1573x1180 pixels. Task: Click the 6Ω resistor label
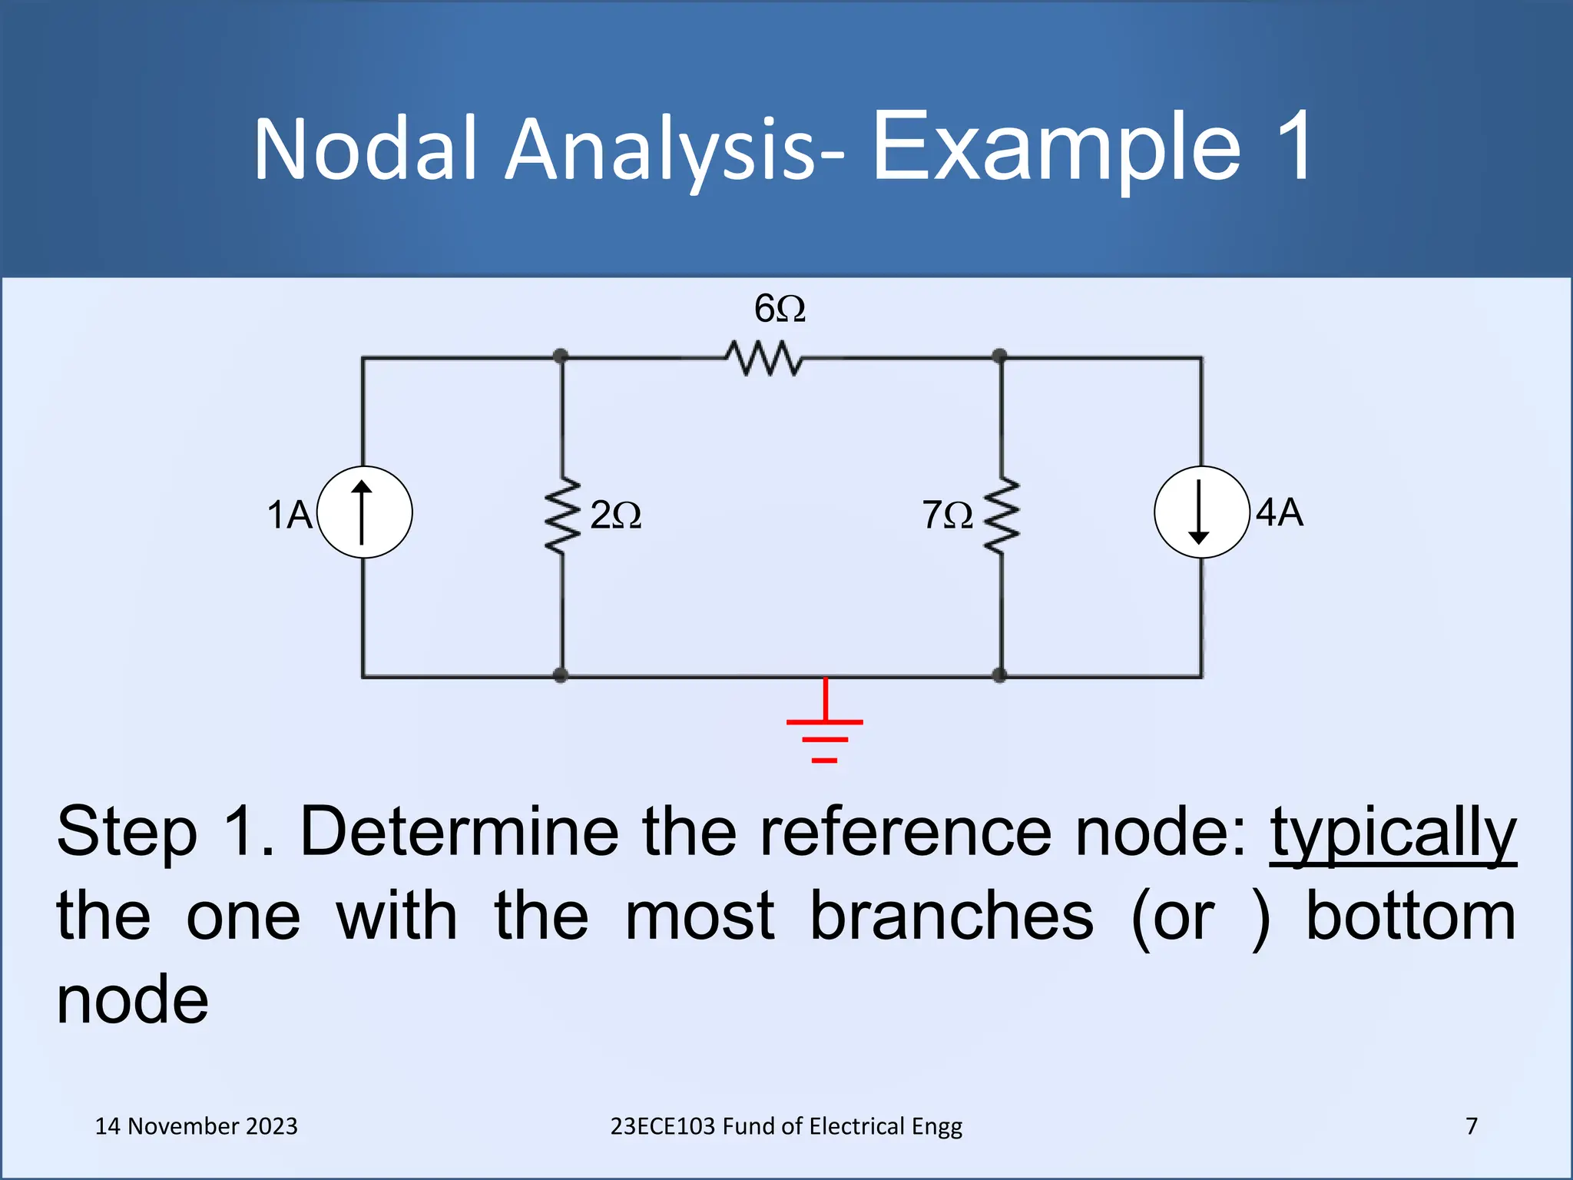click(780, 309)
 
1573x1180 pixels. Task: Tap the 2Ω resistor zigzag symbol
click(562, 515)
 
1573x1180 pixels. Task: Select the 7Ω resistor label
click(947, 515)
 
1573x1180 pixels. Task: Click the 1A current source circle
click(364, 512)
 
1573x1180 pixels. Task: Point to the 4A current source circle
click(1201, 512)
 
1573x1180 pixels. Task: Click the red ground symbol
click(825, 726)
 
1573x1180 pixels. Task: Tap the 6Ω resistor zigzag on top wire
click(764, 358)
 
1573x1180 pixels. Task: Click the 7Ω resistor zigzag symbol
click(1002, 515)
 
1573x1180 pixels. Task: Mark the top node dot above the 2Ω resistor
click(561, 356)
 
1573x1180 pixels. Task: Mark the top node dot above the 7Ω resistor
click(999, 356)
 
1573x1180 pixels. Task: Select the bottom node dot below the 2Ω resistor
click(561, 675)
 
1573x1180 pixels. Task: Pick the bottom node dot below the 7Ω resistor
click(999, 675)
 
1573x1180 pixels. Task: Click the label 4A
click(1280, 512)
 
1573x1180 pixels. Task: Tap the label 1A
click(289, 515)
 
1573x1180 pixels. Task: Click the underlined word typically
click(1393, 834)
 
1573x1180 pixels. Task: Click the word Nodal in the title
click(366, 149)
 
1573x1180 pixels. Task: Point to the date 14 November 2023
click(196, 1126)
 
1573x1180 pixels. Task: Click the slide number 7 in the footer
click(1472, 1126)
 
